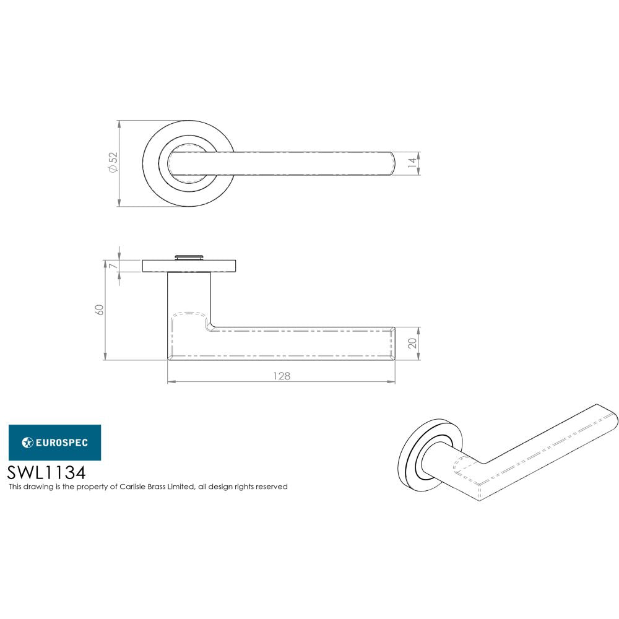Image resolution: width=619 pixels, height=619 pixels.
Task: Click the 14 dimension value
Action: click(412, 163)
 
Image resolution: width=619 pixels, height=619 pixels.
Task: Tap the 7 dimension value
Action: click(112, 266)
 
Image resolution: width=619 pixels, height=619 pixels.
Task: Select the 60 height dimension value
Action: click(99, 309)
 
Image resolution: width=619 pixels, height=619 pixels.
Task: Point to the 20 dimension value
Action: click(412, 343)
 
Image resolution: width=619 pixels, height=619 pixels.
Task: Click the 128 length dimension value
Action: click(281, 376)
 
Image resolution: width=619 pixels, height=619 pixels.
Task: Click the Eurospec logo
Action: click(54, 442)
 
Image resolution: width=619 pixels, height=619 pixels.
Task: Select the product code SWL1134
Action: click(46, 472)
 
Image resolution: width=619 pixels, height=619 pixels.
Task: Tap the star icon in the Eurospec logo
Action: click(27, 442)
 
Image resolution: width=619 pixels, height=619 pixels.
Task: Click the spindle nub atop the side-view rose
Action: click(189, 256)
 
